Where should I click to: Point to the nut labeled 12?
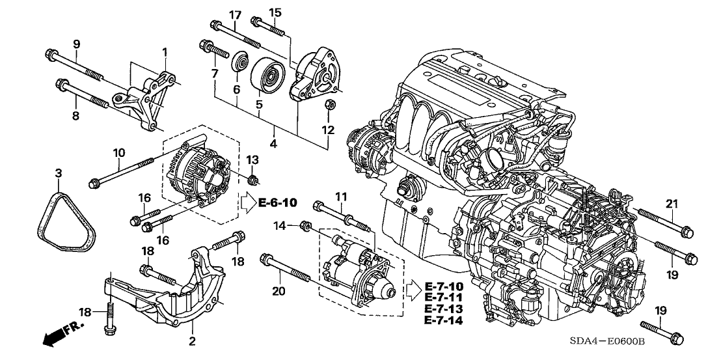click(x=329, y=104)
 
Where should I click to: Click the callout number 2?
click(x=193, y=340)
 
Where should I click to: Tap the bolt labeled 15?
click(x=267, y=27)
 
